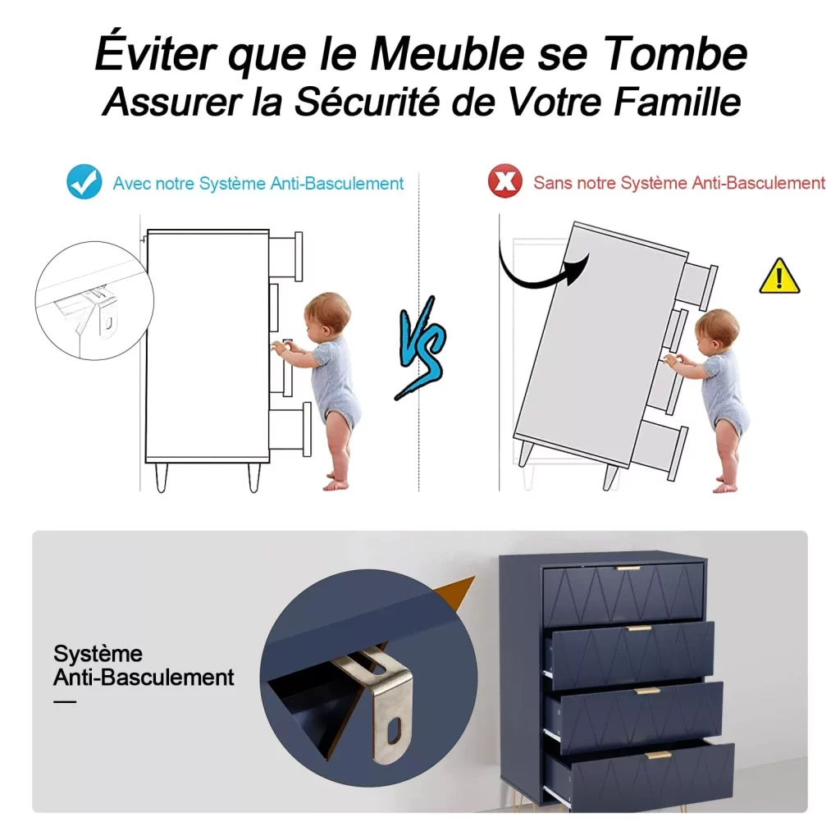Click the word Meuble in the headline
pyautogui.click(x=447, y=53)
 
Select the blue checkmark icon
pyautogui.click(x=84, y=181)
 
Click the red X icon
pyautogui.click(x=504, y=181)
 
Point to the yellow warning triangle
pyautogui.click(x=779, y=276)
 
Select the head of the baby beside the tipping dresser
pyautogui.click(x=718, y=331)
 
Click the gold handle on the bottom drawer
pyautogui.click(x=659, y=756)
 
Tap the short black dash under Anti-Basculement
pyautogui.click(x=65, y=701)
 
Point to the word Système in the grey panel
pyautogui.click(x=98, y=654)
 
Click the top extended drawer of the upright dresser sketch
pyautogui.click(x=286, y=256)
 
